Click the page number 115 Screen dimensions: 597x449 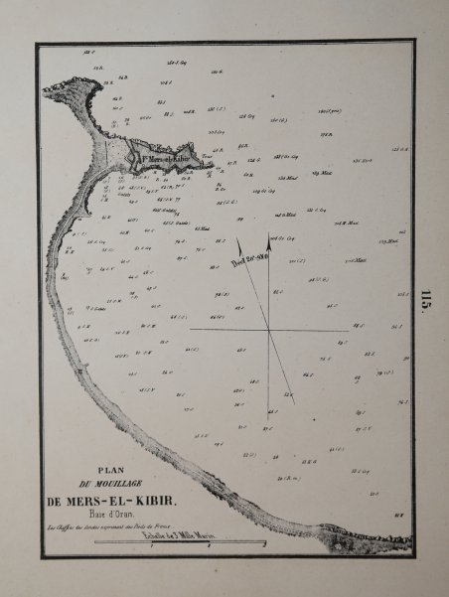(x=426, y=299)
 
